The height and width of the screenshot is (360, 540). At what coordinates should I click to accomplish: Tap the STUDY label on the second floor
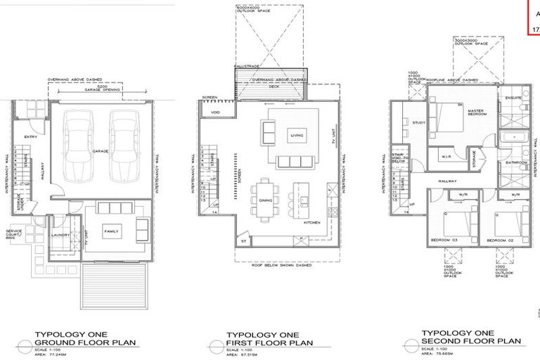click(x=418, y=123)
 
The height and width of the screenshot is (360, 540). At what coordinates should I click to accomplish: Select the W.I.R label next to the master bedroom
click(x=445, y=156)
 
